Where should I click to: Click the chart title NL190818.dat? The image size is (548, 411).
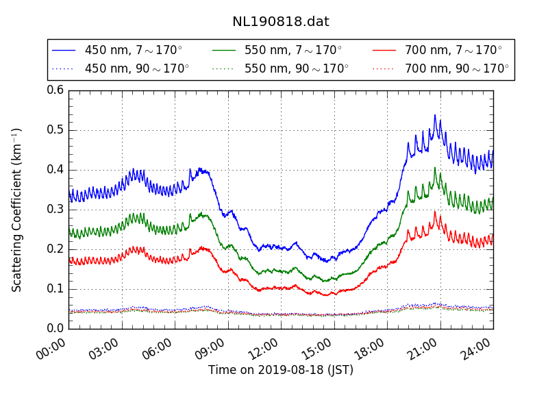tap(280, 21)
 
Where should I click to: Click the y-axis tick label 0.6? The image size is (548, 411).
tap(55, 90)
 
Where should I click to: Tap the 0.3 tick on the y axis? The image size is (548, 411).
tap(55, 209)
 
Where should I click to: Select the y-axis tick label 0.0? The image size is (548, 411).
tap(55, 328)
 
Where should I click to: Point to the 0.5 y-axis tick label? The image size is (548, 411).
tap(55, 130)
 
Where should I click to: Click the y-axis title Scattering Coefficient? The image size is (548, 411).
tap(17, 210)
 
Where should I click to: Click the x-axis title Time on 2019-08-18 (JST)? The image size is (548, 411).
tap(281, 371)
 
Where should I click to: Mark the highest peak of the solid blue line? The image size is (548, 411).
tap(434, 115)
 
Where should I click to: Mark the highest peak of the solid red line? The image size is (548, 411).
tap(434, 212)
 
